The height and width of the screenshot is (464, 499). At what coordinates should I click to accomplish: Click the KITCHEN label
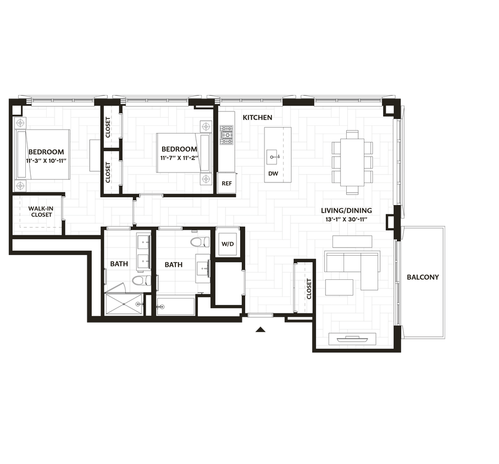point(257,118)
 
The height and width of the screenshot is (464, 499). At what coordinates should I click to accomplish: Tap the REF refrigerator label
point(226,184)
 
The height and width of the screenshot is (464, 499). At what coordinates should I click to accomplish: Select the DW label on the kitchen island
point(273,173)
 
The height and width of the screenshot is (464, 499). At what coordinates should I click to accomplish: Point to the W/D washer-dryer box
point(228,244)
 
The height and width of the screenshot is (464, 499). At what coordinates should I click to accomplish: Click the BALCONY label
point(423,277)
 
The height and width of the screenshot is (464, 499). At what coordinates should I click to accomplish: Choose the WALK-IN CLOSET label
point(41,211)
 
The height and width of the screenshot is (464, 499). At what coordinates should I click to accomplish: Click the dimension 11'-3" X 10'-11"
point(46,161)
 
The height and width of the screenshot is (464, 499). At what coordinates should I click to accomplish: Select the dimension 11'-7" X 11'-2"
point(179,158)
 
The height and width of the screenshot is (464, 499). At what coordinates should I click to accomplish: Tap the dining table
point(352,162)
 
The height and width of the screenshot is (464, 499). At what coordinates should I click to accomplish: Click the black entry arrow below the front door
point(261,329)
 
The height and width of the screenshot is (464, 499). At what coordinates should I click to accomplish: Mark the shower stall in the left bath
point(124,304)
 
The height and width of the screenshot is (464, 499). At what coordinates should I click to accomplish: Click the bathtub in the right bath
point(175,306)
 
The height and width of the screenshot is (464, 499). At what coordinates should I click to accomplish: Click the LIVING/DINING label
point(346,211)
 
